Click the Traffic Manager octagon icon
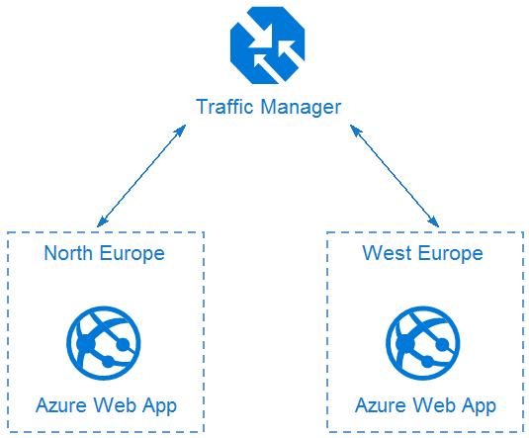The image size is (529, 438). point(268,45)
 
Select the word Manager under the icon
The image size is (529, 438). point(301,108)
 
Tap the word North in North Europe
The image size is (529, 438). point(68,253)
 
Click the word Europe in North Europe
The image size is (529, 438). point(132,254)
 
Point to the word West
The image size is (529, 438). point(387,253)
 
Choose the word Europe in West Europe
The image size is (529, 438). point(451,254)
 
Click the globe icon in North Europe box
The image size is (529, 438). point(104,343)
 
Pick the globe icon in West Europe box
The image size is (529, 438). point(423,343)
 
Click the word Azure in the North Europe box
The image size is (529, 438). point(61,405)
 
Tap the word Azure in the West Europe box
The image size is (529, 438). point(381,405)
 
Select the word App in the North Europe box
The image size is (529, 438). point(159,406)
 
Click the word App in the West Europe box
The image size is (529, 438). point(479,406)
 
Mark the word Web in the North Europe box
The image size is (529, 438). point(115,405)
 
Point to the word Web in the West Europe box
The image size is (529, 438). point(433,405)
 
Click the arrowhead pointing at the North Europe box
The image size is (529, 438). point(101,222)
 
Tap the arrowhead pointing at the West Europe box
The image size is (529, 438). point(434,222)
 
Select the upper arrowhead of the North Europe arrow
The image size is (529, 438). point(181,130)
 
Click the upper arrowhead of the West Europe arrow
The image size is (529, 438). point(355,130)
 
